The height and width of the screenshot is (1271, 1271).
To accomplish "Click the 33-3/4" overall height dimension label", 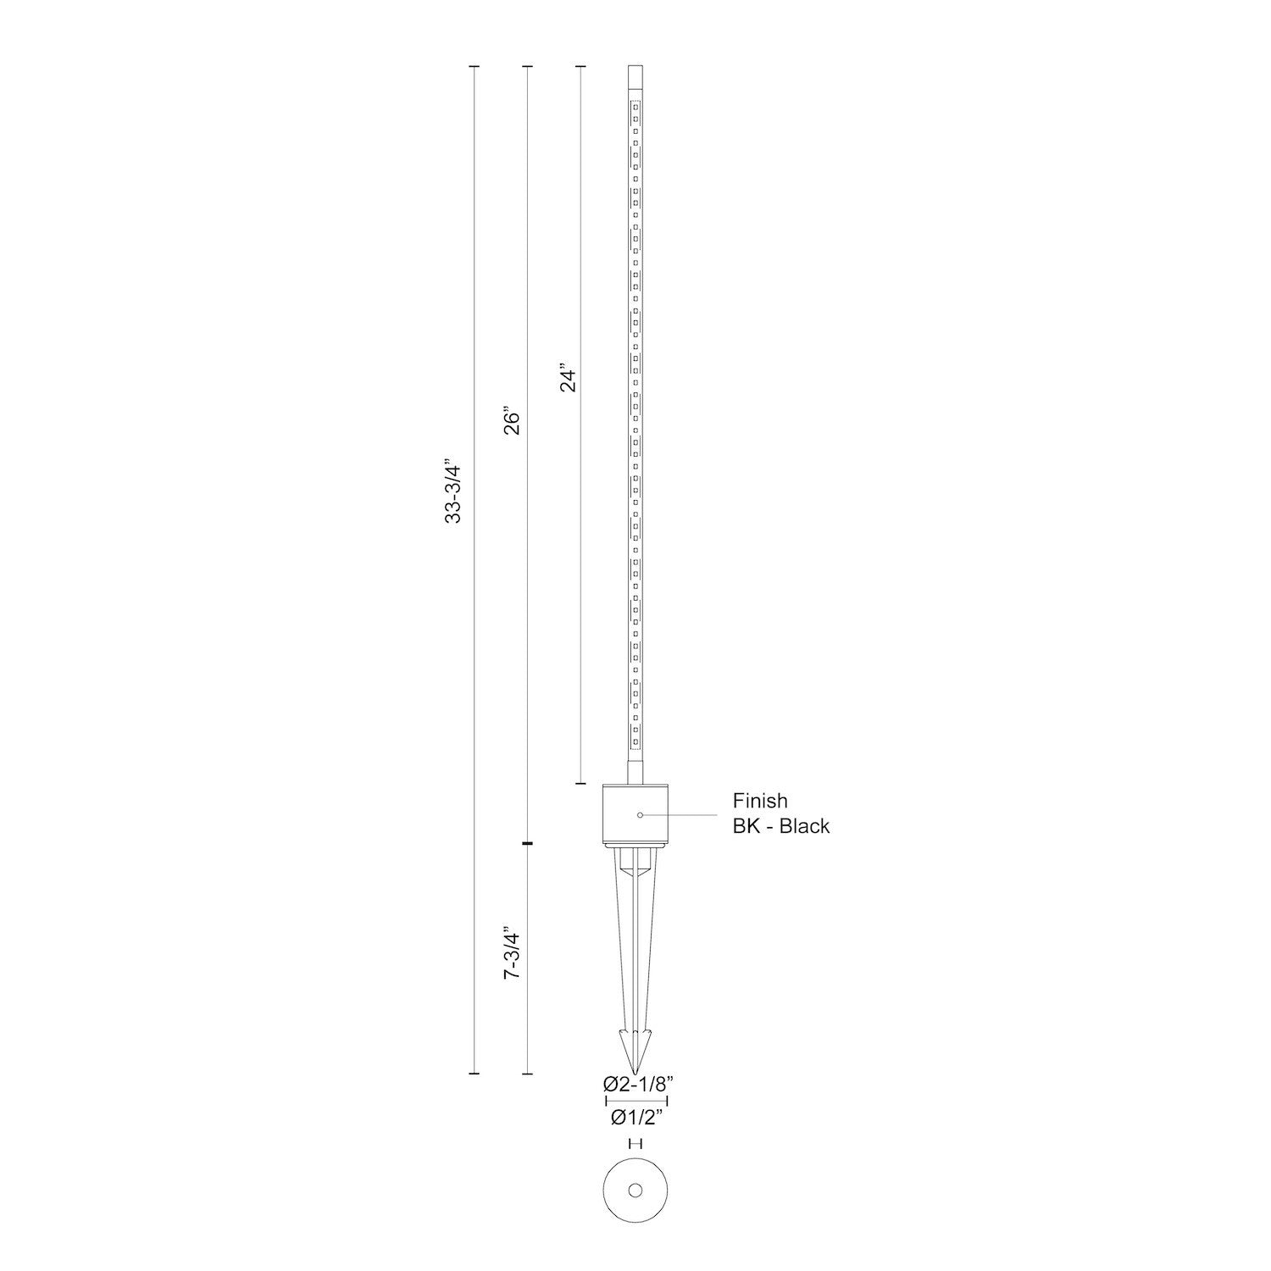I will pyautogui.click(x=453, y=492).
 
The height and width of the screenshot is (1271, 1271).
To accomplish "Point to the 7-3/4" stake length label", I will pyautogui.click(x=511, y=955).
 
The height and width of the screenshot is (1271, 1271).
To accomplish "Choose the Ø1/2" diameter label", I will pyautogui.click(x=636, y=1118).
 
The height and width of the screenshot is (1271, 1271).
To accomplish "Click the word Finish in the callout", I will pyautogui.click(x=760, y=801).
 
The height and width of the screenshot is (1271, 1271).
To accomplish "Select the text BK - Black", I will pyautogui.click(x=781, y=826).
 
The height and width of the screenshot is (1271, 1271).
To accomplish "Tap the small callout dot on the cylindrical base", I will pyautogui.click(x=640, y=814).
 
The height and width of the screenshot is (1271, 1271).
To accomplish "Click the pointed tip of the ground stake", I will pyautogui.click(x=635, y=1069).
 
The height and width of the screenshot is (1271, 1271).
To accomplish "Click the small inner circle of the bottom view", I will pyautogui.click(x=635, y=1191).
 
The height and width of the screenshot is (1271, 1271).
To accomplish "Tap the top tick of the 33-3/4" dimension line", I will pyautogui.click(x=474, y=66).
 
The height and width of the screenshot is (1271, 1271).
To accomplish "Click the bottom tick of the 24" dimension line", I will pyautogui.click(x=580, y=784).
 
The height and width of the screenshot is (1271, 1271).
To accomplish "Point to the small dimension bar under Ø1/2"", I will pyautogui.click(x=635, y=1143).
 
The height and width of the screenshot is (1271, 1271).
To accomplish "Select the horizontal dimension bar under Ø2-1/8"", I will pyautogui.click(x=636, y=1101).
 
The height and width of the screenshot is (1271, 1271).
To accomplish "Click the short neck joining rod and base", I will pyautogui.click(x=635, y=771).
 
